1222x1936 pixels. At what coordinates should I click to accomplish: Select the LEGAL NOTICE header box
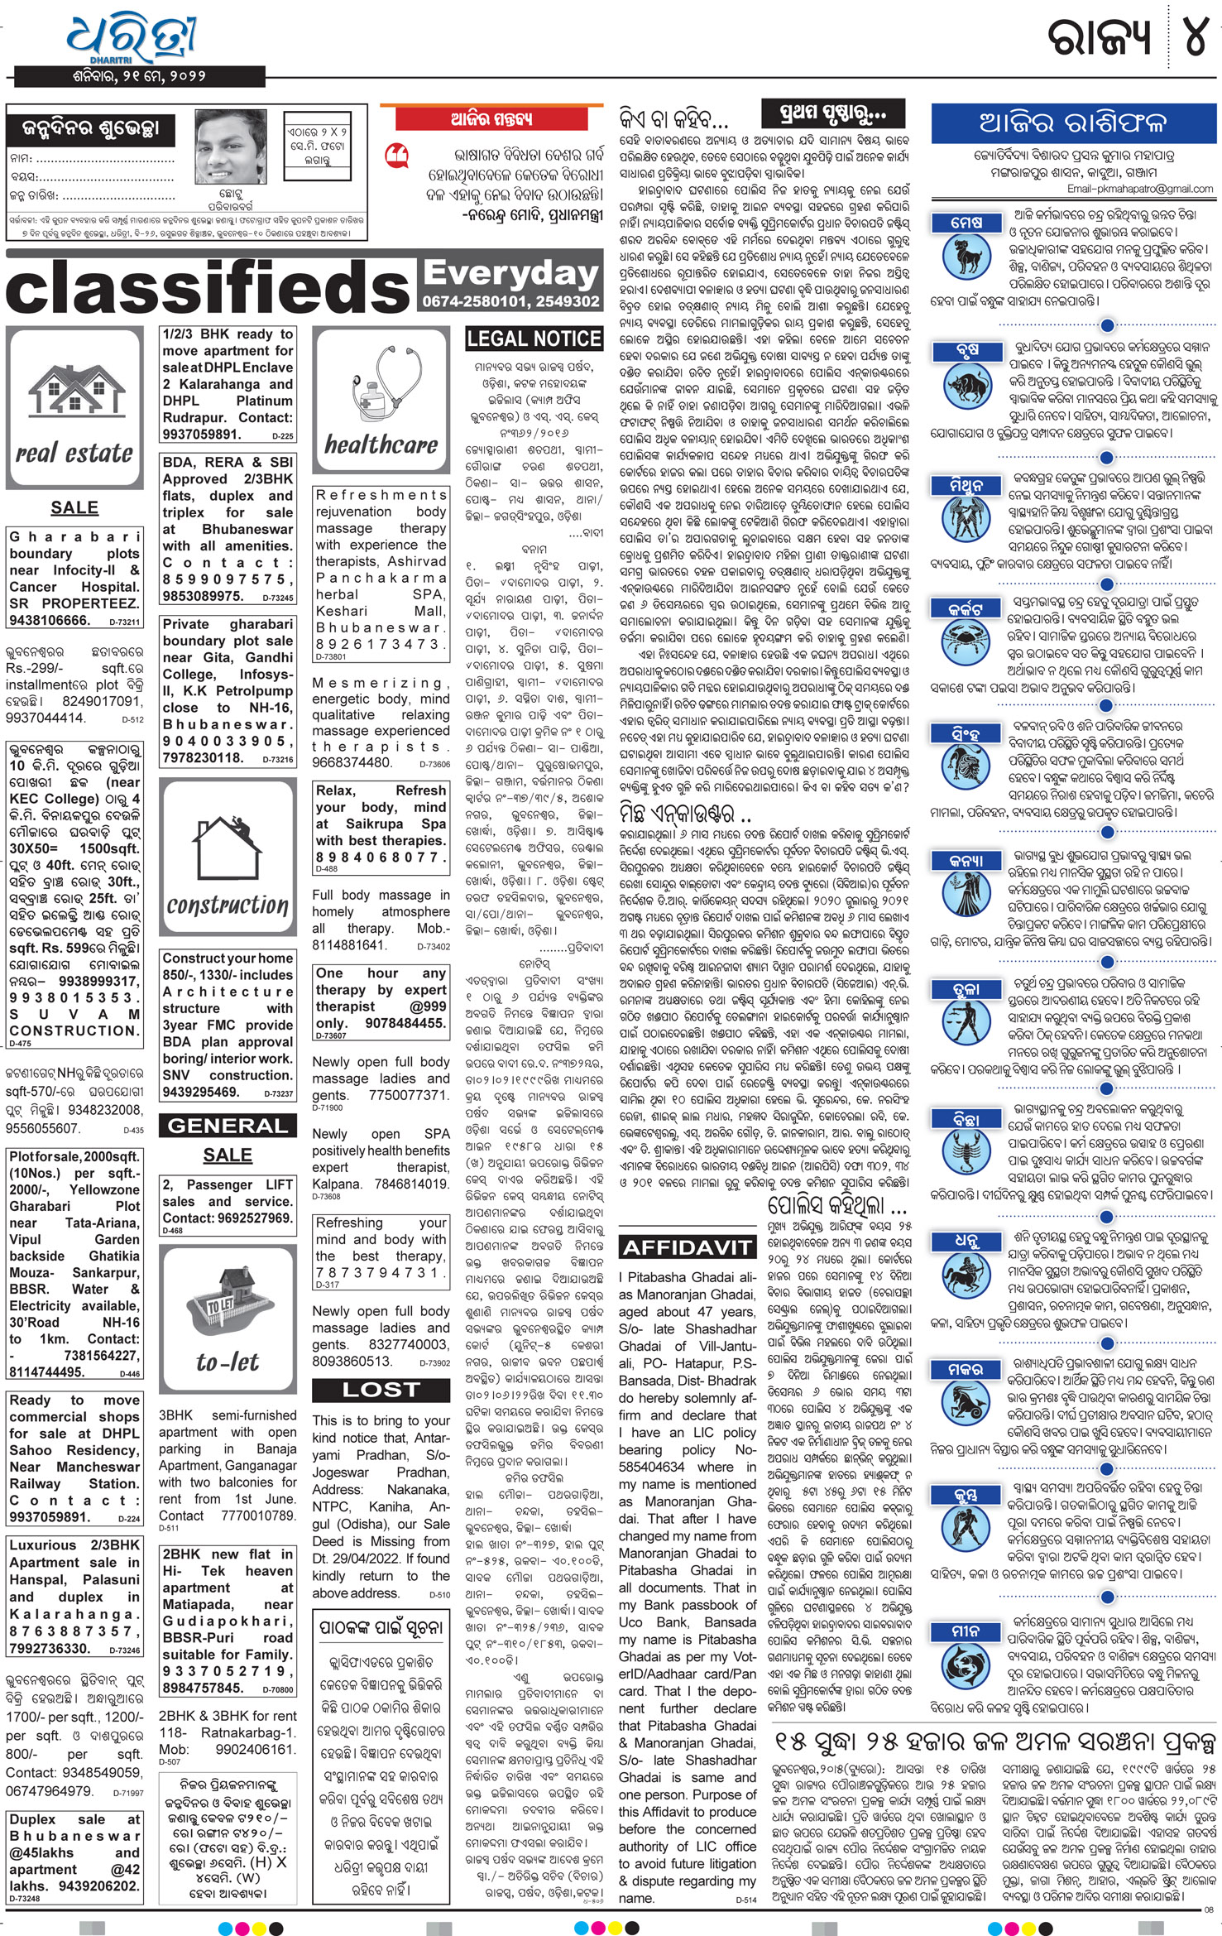[534, 339]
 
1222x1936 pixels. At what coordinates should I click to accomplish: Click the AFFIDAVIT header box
[686, 1247]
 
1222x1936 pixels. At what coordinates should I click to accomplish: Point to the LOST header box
[381, 1390]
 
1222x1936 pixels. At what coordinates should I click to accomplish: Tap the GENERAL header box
[227, 1126]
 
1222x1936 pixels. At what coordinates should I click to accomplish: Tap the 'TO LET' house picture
[227, 1304]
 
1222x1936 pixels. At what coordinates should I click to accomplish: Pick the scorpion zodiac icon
[966, 1152]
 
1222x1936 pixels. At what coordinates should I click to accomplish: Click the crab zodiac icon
[966, 643]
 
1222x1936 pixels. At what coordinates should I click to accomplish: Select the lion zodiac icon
[966, 769]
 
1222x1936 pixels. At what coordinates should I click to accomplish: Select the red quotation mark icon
[397, 155]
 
